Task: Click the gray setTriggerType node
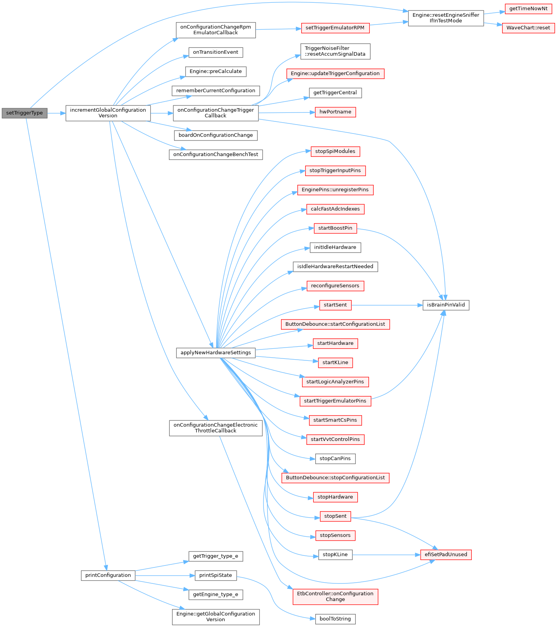coord(25,113)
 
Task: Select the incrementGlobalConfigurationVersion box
coord(108,113)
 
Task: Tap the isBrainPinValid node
coord(446,305)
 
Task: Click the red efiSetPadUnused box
coord(446,555)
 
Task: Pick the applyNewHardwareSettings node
coord(216,353)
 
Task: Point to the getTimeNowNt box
coord(528,9)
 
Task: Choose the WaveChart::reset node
coord(528,28)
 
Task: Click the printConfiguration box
coord(108,575)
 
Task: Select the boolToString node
coord(335,619)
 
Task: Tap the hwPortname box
coord(335,112)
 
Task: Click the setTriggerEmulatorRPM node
coord(335,28)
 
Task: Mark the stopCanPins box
coord(335,458)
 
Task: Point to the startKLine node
coord(335,363)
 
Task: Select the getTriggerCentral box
coord(335,93)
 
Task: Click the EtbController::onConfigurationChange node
coord(335,597)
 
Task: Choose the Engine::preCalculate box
coord(216,72)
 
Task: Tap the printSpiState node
coord(216,575)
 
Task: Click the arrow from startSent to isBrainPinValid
coord(387,305)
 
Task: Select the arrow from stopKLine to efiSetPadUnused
coord(387,555)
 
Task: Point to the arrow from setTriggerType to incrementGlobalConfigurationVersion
coord(56,113)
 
